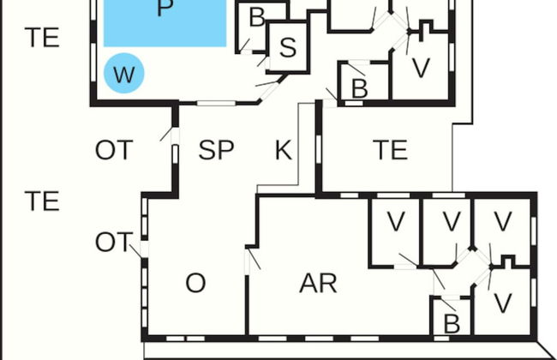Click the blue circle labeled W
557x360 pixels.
click(124, 73)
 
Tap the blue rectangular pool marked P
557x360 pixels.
click(165, 23)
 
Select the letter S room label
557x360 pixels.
click(288, 47)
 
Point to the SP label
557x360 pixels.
click(216, 150)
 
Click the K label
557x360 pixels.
click(284, 150)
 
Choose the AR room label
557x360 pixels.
click(318, 284)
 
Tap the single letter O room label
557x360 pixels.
click(195, 283)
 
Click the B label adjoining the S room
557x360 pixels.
click(257, 17)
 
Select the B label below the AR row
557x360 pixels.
click(452, 324)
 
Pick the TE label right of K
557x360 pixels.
click(391, 150)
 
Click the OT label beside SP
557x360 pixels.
click(114, 150)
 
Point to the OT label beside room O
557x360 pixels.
click(114, 242)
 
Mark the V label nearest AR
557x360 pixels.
click(396, 221)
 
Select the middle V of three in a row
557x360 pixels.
click(452, 221)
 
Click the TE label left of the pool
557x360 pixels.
click(42, 38)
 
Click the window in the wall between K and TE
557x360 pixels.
click(318, 149)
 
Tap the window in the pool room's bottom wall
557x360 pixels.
click(216, 104)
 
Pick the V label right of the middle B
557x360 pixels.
click(421, 68)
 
